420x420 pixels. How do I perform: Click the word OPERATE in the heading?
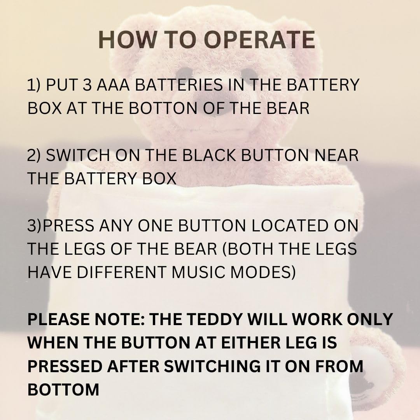point(259,40)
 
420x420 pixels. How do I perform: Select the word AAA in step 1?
point(113,85)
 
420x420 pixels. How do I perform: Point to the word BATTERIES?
point(178,85)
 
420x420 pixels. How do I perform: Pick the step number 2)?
point(34,155)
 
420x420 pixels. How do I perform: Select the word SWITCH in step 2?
point(78,155)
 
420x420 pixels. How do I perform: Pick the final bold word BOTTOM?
point(63,389)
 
